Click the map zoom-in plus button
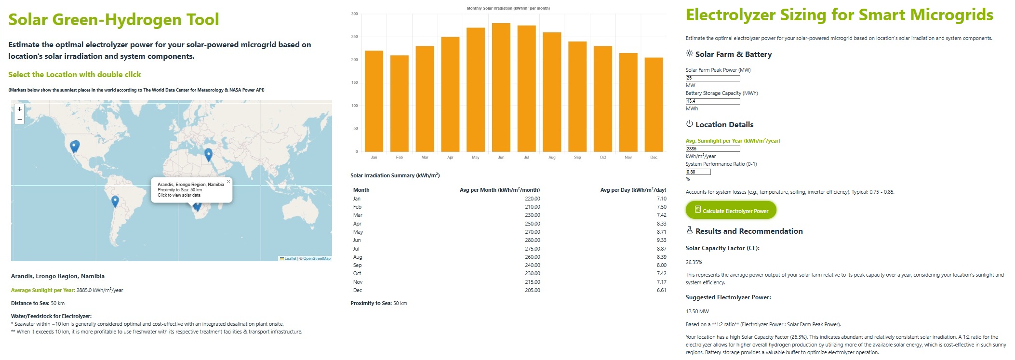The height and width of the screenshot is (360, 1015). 19,109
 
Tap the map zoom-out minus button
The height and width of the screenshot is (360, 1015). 19,119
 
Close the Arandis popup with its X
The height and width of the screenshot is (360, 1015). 228,182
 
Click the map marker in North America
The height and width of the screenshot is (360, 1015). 75,146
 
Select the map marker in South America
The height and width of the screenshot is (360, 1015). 115,201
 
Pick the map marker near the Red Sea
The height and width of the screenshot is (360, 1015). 208,155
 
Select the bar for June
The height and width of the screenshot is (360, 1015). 501,87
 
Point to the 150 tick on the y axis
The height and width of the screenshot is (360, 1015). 355,83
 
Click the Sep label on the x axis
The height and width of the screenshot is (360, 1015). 577,158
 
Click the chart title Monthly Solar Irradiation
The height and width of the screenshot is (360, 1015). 508,8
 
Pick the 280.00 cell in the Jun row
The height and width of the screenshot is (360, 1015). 532,240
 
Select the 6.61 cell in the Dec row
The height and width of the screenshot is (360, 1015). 661,290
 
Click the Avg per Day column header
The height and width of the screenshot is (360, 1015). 633,190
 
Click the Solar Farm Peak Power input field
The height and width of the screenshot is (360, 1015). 712,78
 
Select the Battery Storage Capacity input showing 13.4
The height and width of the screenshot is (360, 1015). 712,101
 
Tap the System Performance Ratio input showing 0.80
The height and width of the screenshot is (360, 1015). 698,172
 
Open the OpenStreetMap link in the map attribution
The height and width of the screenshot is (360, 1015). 317,259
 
